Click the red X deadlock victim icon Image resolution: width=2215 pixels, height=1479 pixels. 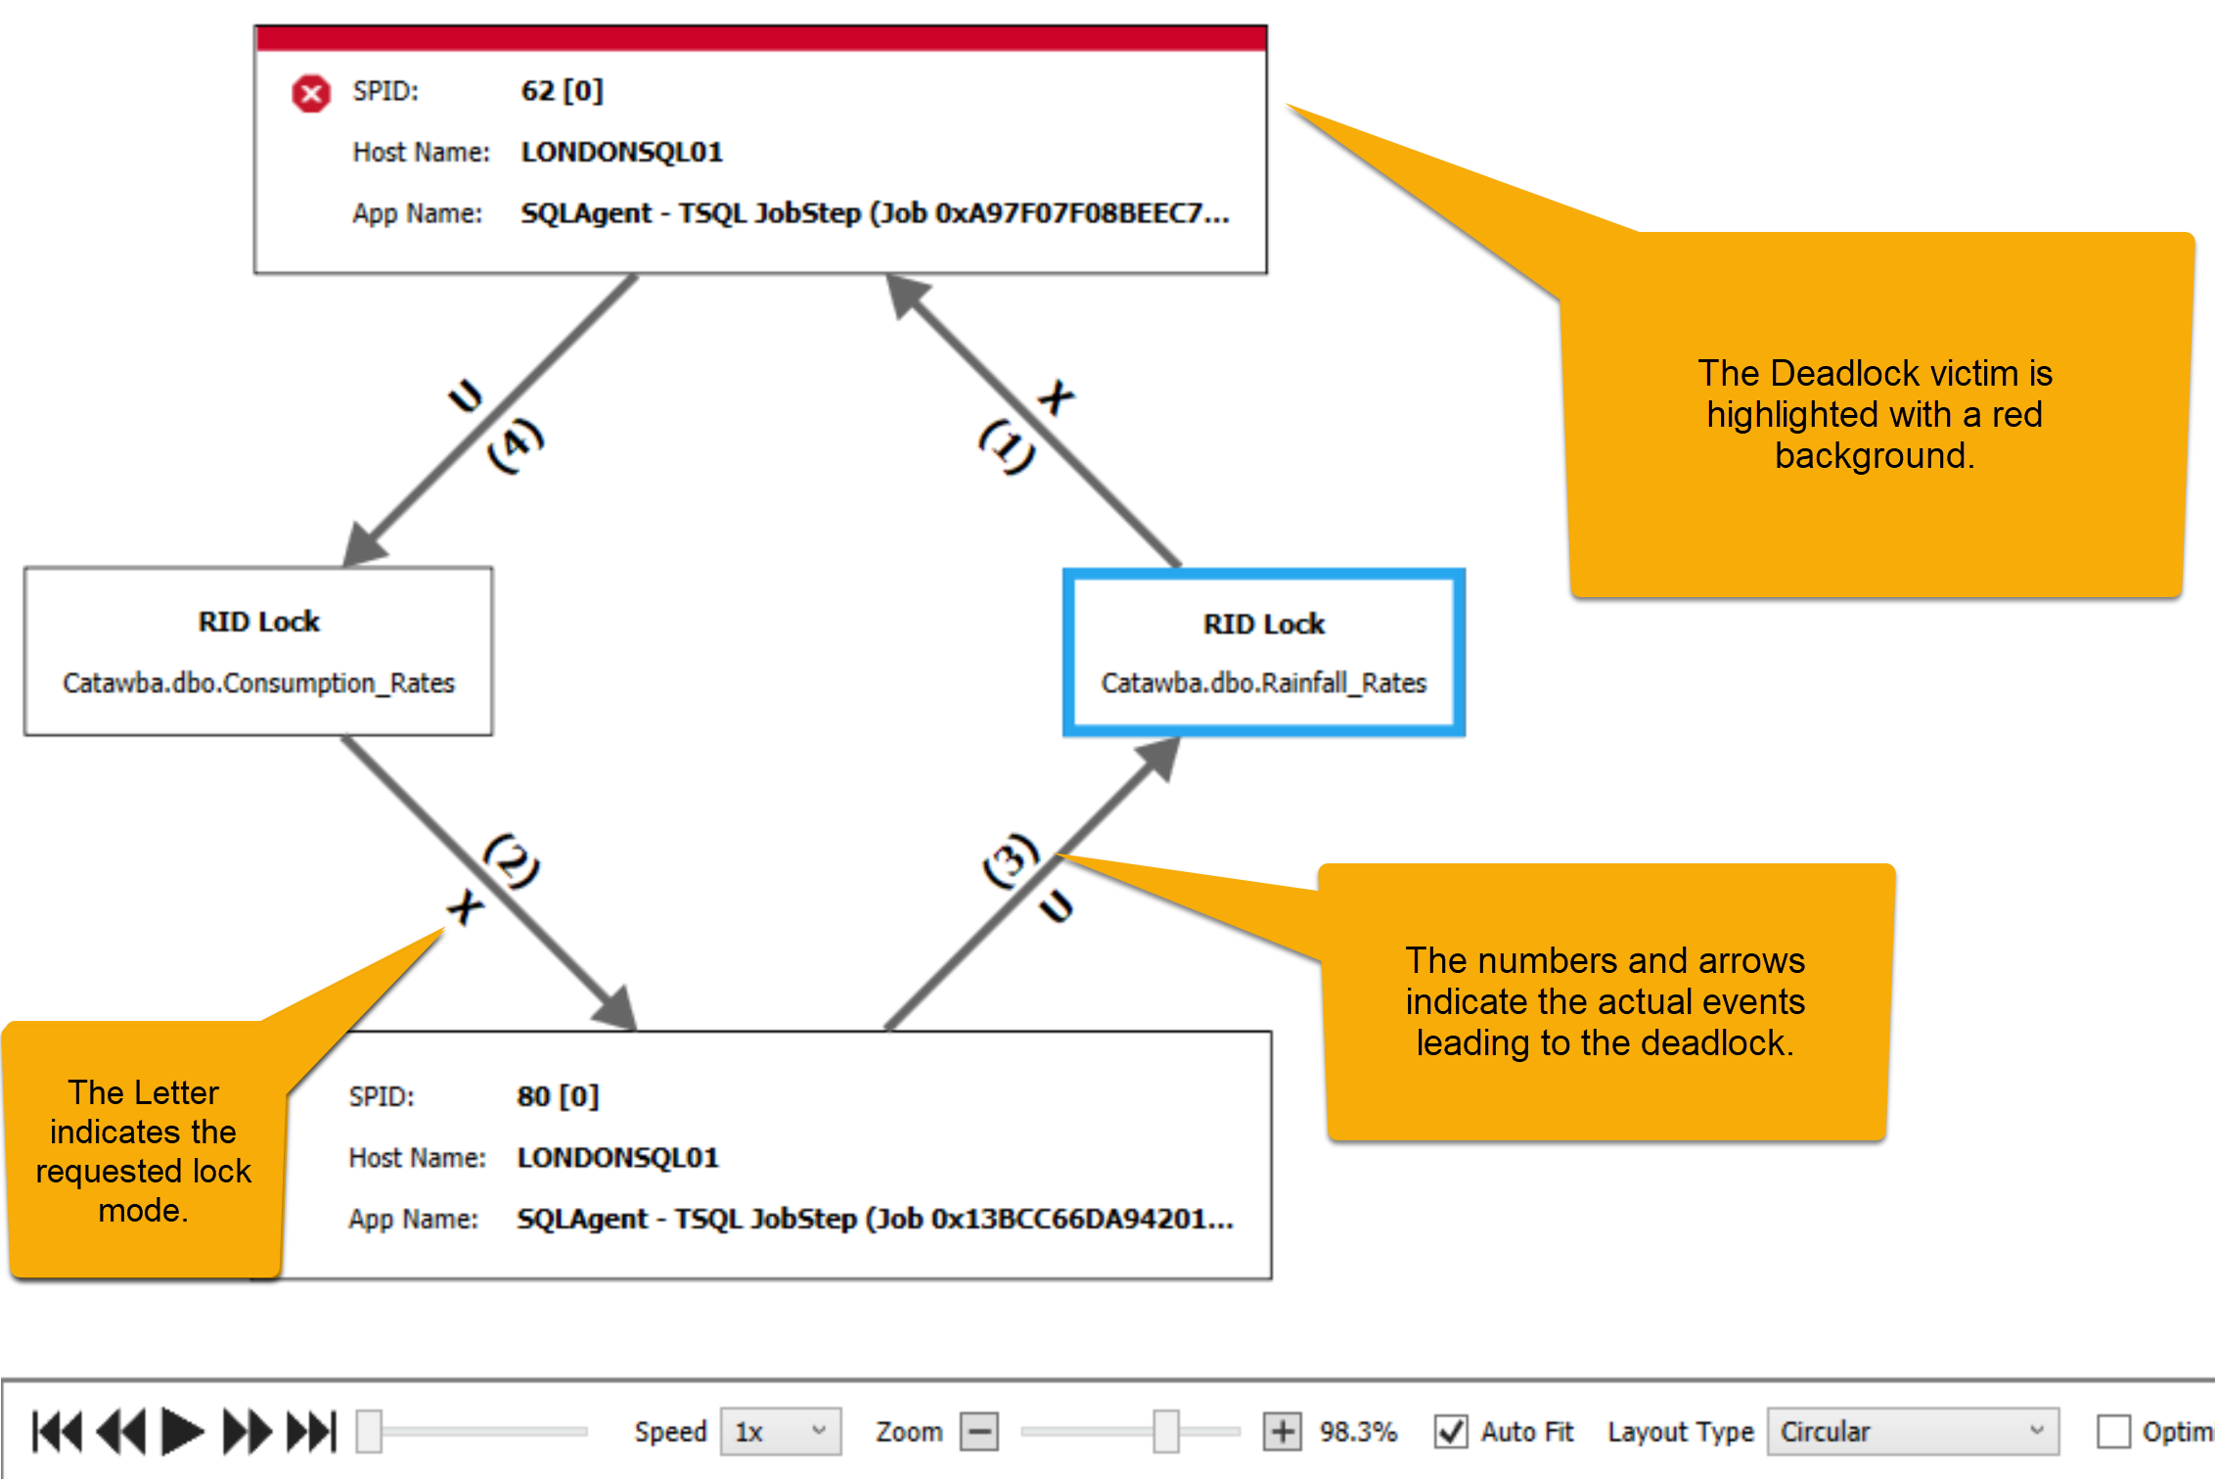pyautogui.click(x=311, y=94)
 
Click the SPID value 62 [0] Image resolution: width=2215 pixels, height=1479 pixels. pyautogui.click(x=562, y=91)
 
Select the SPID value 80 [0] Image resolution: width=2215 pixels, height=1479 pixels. pyautogui.click(x=558, y=1095)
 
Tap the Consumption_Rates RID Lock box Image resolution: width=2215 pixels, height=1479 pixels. pyautogui.click(x=258, y=651)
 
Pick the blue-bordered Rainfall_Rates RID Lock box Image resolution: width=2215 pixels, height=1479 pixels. pyautogui.click(x=1263, y=652)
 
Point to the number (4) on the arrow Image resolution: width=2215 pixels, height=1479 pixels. pyautogui.click(x=516, y=445)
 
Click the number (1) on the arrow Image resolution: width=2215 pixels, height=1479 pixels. pyautogui.click(x=1007, y=445)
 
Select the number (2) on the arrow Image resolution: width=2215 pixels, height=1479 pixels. pyautogui.click(x=512, y=861)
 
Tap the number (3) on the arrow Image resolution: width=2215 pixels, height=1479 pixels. pyautogui.click(x=1011, y=861)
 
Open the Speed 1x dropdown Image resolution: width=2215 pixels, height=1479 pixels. pyautogui.click(x=780, y=1431)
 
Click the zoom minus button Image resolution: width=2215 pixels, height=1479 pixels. pyautogui.click(x=979, y=1431)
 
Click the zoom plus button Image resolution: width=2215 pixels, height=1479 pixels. pyautogui.click(x=1282, y=1431)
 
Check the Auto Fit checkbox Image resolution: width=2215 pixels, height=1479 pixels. pyautogui.click(x=1451, y=1431)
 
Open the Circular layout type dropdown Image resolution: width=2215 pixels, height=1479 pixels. pyautogui.click(x=1912, y=1431)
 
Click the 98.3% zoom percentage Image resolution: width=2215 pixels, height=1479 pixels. pyautogui.click(x=1358, y=1431)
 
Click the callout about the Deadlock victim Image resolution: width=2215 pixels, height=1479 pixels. pyautogui.click(x=1874, y=415)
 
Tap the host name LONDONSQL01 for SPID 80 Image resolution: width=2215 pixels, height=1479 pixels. pyautogui.click(x=617, y=1157)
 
